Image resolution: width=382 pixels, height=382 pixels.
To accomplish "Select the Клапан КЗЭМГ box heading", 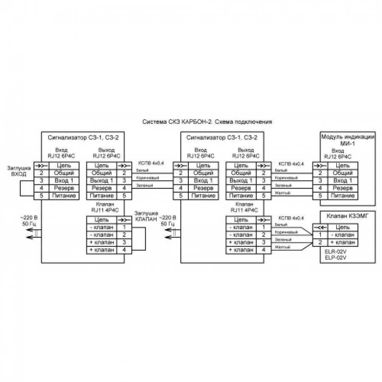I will point(342,216).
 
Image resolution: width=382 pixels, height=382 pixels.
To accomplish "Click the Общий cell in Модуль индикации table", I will point(342,173).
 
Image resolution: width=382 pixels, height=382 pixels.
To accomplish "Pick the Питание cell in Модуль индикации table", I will point(342,196).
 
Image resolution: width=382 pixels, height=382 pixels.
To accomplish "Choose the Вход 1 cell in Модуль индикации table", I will point(342,180).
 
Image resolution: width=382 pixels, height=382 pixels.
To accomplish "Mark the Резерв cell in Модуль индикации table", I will point(342,188).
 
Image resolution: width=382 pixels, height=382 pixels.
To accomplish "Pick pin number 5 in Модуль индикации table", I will point(320,196).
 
